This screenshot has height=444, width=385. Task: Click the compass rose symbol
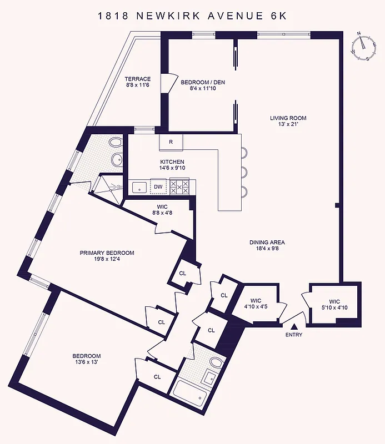click(x=362, y=47)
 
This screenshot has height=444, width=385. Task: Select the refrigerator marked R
click(x=171, y=142)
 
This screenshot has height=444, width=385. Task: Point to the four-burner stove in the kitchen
click(x=181, y=186)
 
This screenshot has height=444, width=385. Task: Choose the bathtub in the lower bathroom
click(x=189, y=391)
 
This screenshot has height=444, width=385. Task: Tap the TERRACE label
click(x=137, y=79)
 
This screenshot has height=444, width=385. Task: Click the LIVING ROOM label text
click(x=288, y=118)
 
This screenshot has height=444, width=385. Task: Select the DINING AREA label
click(x=267, y=243)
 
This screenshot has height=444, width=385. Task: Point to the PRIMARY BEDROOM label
click(x=107, y=253)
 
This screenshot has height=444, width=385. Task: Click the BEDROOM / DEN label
click(x=203, y=83)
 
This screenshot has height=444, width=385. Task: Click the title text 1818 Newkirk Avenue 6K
click(x=192, y=16)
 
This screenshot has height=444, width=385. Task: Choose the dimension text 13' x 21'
click(x=288, y=124)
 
